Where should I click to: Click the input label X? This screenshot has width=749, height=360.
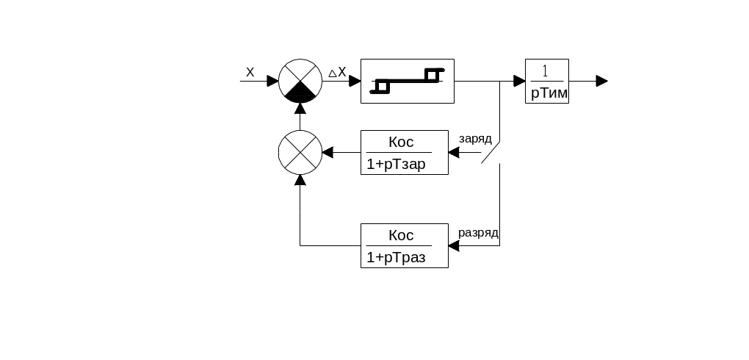pos(250,72)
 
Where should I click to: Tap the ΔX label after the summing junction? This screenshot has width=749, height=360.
pos(337,72)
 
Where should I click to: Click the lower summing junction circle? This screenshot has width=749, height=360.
pos(300,152)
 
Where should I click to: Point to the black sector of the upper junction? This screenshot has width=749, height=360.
pos(300,93)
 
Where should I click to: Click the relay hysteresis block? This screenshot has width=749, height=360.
pos(408,81)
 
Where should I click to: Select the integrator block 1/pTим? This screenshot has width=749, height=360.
pos(547,81)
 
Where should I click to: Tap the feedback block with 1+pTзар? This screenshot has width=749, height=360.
pos(405,152)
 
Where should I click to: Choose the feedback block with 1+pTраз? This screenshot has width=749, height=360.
pos(405,245)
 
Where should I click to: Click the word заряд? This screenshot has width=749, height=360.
pos(474,138)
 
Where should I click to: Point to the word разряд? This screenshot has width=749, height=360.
pos(479,233)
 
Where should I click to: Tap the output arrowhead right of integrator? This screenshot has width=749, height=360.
pos(602,81)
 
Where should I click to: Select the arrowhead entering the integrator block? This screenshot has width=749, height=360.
pos(519,81)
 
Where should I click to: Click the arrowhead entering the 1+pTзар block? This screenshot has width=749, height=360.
pos(453,152)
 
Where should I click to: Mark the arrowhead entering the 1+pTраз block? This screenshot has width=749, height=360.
pos(453,245)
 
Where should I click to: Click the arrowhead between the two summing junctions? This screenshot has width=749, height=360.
pos(300,108)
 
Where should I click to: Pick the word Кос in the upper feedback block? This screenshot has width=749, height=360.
pos(401,142)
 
